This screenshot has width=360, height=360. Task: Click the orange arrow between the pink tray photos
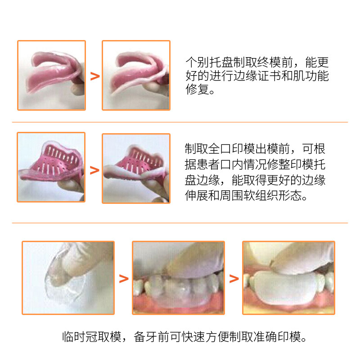(x=95, y=76)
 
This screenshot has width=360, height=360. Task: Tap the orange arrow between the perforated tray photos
(x=94, y=170)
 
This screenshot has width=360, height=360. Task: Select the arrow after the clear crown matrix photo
(x=124, y=279)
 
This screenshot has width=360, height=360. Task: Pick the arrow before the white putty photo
(x=234, y=279)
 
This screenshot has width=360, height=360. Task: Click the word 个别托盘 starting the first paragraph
(x=209, y=62)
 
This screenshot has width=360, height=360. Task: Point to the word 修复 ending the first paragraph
(x=197, y=89)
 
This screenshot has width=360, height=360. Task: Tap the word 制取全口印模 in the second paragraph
(x=220, y=149)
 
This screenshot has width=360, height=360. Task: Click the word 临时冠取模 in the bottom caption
(x=92, y=337)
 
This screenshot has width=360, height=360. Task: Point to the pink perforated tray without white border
(x=52, y=162)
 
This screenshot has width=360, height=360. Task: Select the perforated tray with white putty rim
(x=135, y=164)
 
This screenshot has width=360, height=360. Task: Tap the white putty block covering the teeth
(x=283, y=288)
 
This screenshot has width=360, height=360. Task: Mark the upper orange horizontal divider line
(x=180, y=122)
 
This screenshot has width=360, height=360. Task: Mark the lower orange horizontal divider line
(x=180, y=223)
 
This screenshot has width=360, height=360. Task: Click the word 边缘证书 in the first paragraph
(x=257, y=76)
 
